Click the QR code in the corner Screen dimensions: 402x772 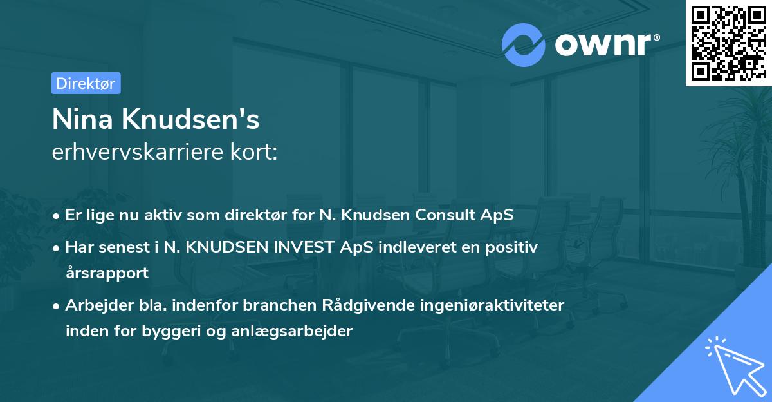(729, 43)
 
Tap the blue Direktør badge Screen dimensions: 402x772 (86, 83)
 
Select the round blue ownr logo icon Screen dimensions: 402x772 (524, 45)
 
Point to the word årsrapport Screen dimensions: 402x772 (107, 273)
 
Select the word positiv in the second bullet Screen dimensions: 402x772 (514, 247)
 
